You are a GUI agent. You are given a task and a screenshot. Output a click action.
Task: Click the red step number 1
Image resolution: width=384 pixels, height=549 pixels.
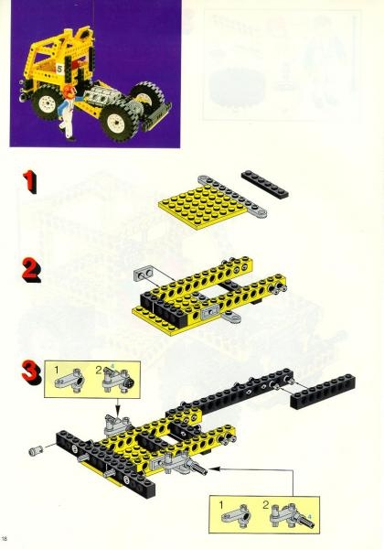pyautogui.click(x=30, y=181)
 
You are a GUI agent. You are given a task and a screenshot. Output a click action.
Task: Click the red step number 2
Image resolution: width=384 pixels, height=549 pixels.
pyautogui.click(x=30, y=271)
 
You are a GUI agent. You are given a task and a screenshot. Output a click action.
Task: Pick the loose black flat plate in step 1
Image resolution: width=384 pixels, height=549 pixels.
pyautogui.click(x=265, y=183)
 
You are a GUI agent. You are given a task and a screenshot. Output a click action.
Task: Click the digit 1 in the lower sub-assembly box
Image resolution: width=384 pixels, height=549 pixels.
pyautogui.click(x=220, y=502)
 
